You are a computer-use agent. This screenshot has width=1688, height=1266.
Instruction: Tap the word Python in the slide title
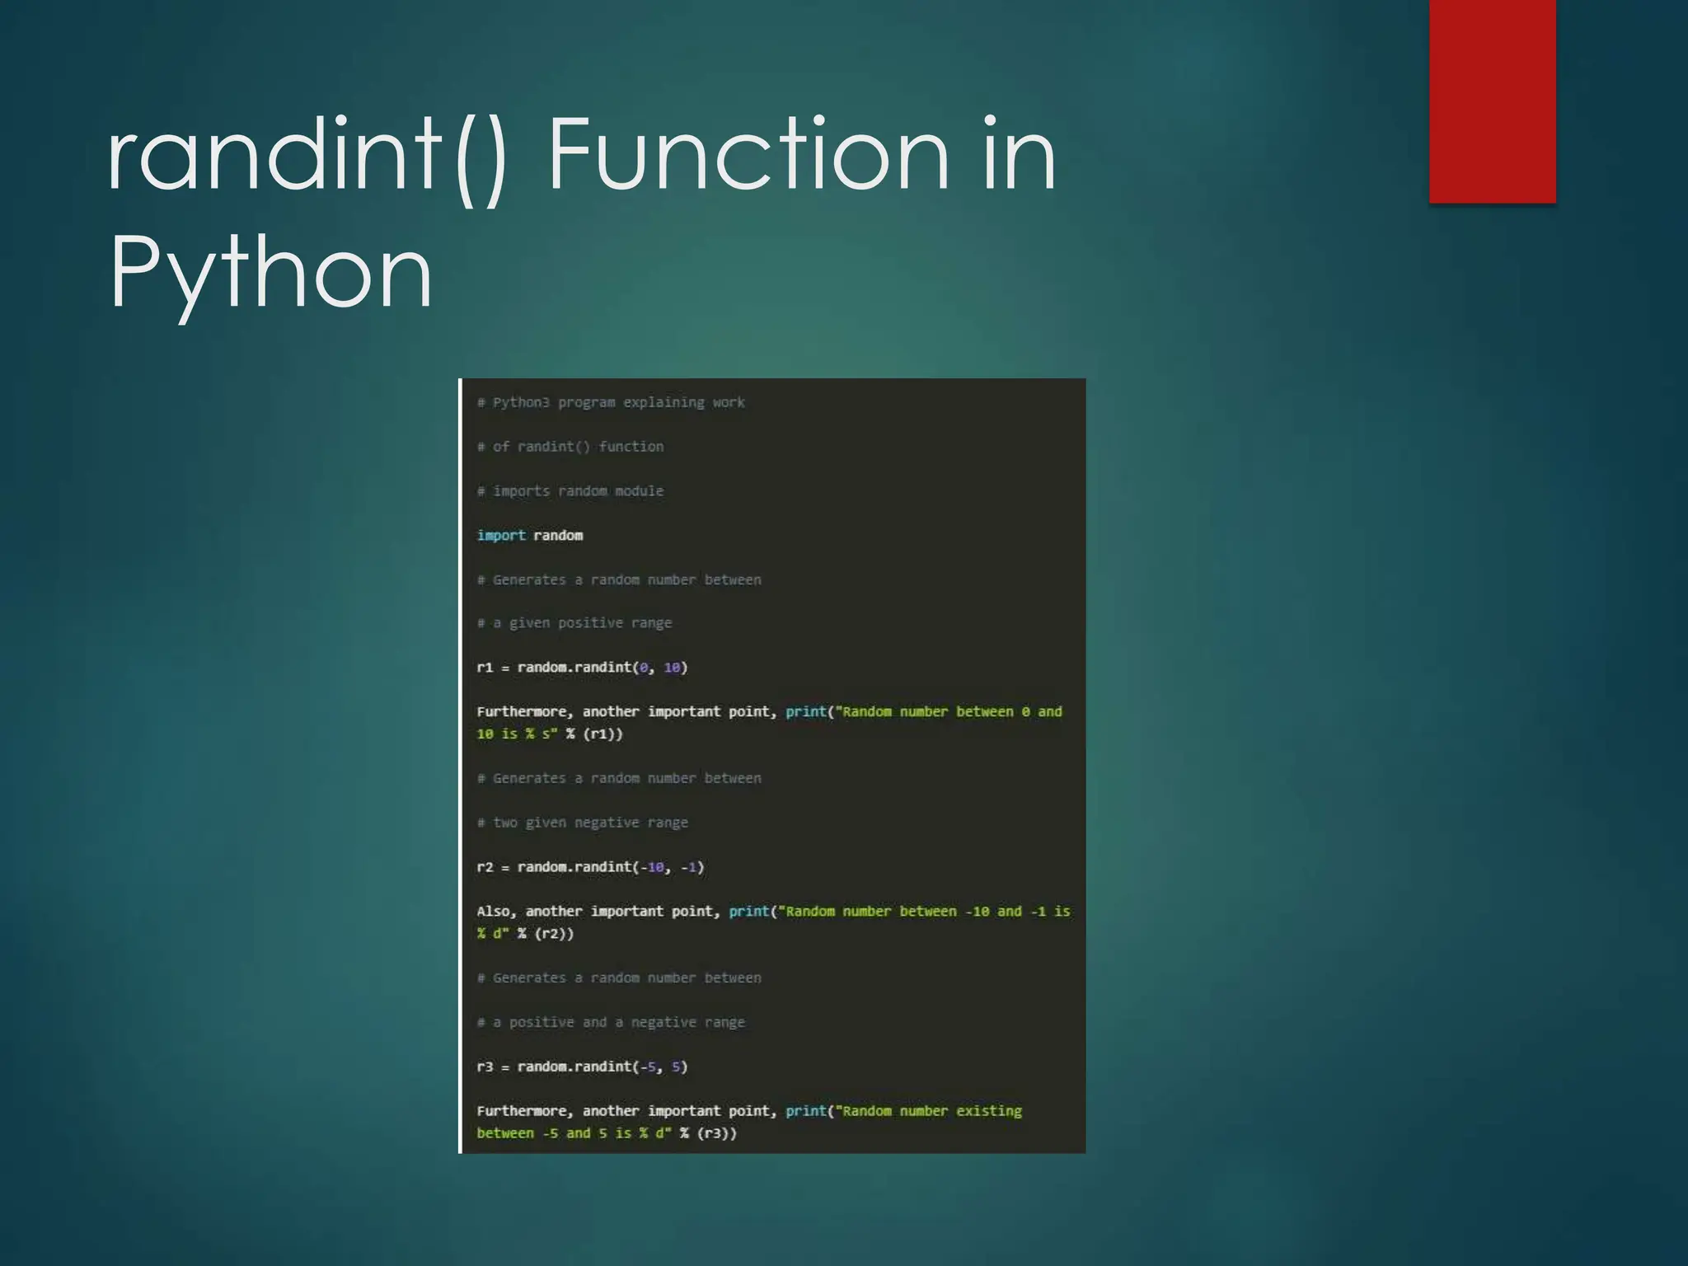pyautogui.click(x=271, y=272)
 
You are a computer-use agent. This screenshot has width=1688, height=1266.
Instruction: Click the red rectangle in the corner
pyautogui.click(x=1492, y=101)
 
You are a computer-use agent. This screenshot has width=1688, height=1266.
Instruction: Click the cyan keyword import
pyautogui.click(x=501, y=536)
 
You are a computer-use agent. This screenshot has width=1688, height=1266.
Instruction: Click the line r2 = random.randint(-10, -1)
pyautogui.click(x=590, y=867)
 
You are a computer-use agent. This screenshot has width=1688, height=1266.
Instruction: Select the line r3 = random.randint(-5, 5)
pyautogui.click(x=582, y=1067)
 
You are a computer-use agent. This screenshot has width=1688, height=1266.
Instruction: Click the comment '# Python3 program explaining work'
pyautogui.click(x=611, y=402)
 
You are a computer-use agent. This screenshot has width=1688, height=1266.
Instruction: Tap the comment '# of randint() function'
pyautogui.click(x=570, y=447)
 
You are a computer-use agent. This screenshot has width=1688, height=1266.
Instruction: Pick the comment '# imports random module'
pyautogui.click(x=570, y=491)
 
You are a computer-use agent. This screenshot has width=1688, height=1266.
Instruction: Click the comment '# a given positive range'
pyautogui.click(x=574, y=623)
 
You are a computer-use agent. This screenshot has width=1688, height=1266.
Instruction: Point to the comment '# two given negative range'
pyautogui.click(x=583, y=823)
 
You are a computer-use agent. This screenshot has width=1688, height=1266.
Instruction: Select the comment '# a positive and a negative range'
pyautogui.click(x=611, y=1022)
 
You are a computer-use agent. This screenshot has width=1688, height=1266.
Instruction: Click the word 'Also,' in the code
pyautogui.click(x=496, y=912)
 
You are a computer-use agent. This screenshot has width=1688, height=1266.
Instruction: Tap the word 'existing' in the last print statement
pyautogui.click(x=988, y=1111)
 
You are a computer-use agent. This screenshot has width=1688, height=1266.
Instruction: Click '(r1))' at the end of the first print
pyautogui.click(x=603, y=734)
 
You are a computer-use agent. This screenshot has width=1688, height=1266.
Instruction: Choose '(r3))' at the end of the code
pyautogui.click(x=716, y=1133)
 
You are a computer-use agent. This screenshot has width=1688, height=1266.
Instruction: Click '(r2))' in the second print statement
pyautogui.click(x=554, y=934)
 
